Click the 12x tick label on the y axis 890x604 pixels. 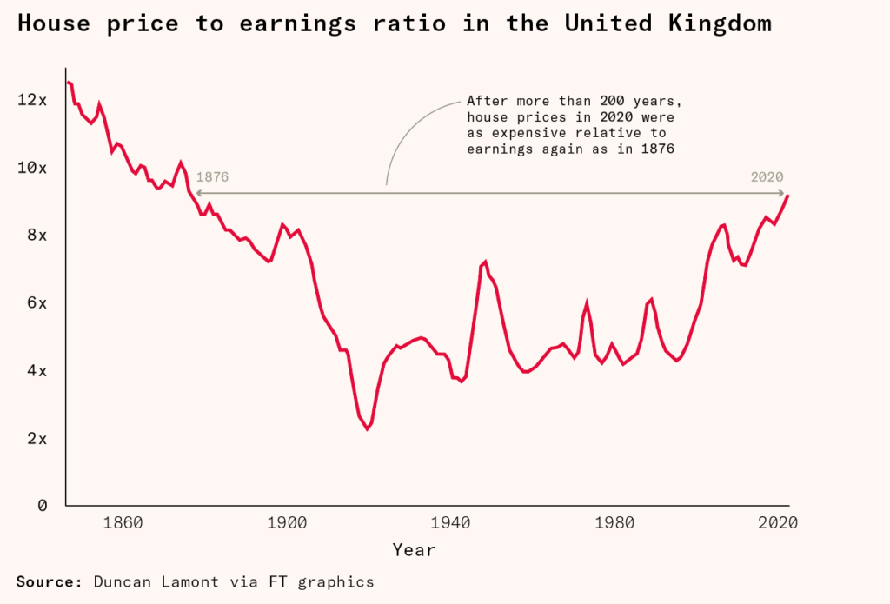(x=31, y=100)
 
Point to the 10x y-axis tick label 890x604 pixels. (x=31, y=167)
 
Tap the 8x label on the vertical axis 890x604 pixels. (x=36, y=235)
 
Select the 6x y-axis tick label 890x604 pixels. (x=36, y=302)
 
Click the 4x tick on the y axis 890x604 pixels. (x=36, y=370)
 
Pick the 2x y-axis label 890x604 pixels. (x=36, y=438)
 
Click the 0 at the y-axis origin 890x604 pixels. (x=42, y=505)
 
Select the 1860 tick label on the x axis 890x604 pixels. (x=122, y=523)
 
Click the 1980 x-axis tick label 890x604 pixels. (x=614, y=523)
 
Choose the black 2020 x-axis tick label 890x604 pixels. (x=778, y=523)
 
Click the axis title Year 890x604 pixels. (x=414, y=550)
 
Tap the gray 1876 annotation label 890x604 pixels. (x=212, y=177)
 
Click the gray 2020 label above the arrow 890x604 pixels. (x=767, y=177)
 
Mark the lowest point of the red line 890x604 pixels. (x=367, y=428)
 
